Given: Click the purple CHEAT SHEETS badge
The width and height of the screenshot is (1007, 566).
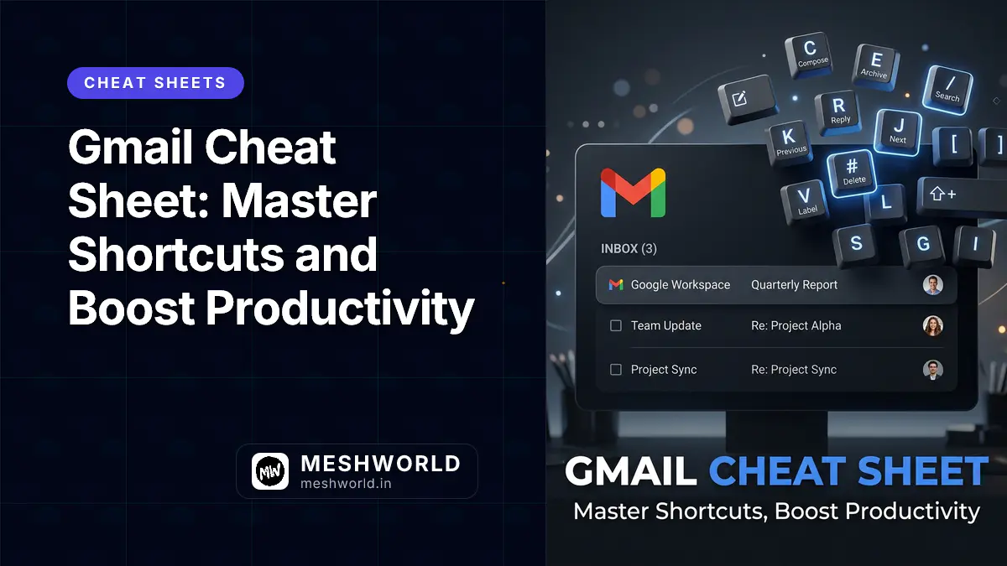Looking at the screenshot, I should [x=155, y=83].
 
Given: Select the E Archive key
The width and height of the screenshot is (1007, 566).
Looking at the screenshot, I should [x=875, y=65].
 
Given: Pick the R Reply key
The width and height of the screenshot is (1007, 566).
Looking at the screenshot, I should [x=838, y=112].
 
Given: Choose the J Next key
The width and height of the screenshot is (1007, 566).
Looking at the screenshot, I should [x=897, y=131].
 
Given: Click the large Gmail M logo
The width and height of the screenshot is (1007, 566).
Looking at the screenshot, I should [x=634, y=193].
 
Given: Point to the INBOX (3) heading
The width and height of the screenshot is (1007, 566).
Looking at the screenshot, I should [x=629, y=249].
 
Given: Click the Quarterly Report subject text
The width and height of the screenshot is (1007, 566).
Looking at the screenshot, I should [x=794, y=285].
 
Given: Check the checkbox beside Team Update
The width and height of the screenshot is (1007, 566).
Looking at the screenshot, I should [x=616, y=325].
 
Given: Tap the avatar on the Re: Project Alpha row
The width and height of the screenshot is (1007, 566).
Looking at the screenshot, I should [x=932, y=326].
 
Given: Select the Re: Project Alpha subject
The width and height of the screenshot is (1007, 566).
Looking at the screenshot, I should [x=796, y=325].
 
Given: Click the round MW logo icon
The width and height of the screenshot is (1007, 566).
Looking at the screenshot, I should [x=270, y=471].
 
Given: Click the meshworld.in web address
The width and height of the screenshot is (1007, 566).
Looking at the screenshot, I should [x=345, y=484].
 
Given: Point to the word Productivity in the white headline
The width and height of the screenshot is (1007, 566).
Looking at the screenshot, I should [x=341, y=309].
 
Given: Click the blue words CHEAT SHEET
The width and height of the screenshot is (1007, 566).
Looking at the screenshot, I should [x=848, y=471].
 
